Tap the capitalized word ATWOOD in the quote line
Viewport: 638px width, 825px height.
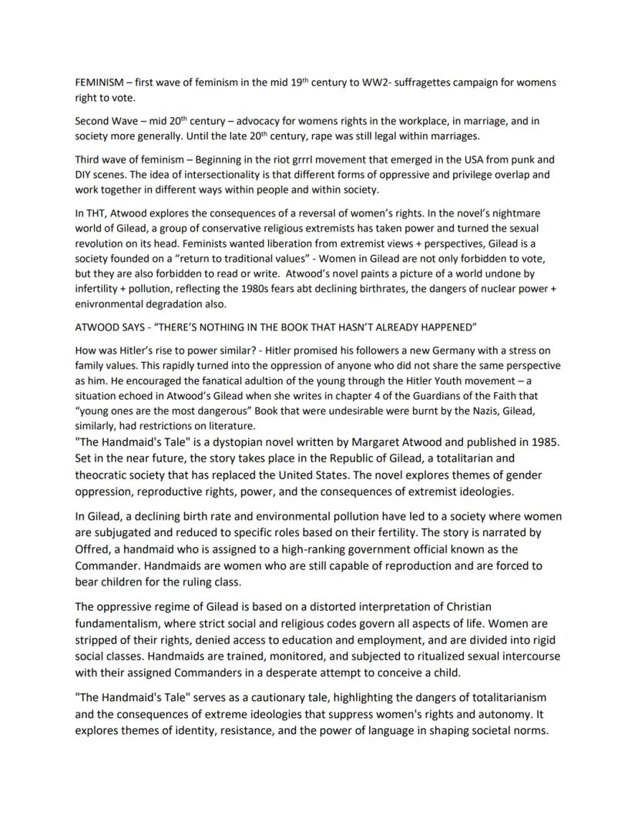tap(96, 327)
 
